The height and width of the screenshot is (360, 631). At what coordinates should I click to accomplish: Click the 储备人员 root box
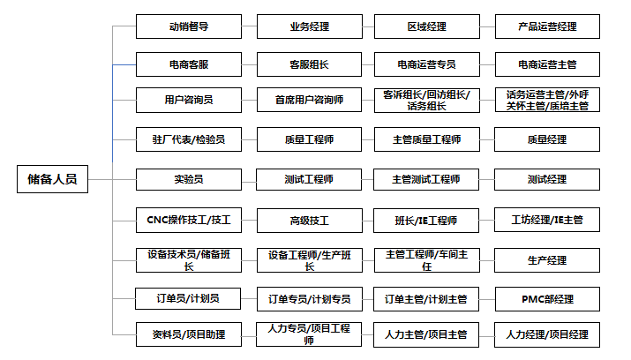pos(52,179)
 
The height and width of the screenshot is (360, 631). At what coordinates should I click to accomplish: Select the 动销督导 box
pos(189,26)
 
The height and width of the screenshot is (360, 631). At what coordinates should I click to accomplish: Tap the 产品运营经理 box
pos(547,26)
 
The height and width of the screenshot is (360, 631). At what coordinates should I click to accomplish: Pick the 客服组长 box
pos(310,64)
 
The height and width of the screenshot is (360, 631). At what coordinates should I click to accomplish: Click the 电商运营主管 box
pos(547,64)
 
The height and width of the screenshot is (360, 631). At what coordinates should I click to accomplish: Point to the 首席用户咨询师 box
pos(310,100)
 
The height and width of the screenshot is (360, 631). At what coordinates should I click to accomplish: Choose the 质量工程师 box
pos(310,139)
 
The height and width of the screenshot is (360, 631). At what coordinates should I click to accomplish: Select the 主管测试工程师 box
pos(426,179)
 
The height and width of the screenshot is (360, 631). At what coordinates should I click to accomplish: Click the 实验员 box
pos(189,179)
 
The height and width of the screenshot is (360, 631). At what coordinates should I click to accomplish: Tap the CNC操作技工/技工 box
pos(189,220)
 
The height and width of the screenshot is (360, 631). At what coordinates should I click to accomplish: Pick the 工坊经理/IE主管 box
pos(547,220)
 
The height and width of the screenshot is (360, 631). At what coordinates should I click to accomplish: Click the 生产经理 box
pos(547,260)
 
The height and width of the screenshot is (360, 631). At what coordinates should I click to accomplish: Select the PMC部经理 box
pos(547,299)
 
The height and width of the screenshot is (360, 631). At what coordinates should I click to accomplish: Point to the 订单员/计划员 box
pos(188,298)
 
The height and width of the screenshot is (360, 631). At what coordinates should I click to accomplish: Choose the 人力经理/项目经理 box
pos(547,334)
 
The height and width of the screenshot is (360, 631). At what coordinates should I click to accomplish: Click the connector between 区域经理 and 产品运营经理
pos(487,27)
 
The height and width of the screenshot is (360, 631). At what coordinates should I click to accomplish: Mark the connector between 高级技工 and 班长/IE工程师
pos(368,221)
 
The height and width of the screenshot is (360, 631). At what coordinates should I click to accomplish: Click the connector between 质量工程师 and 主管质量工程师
pos(368,140)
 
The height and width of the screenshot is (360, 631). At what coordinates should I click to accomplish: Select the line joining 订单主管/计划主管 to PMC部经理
pos(487,300)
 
